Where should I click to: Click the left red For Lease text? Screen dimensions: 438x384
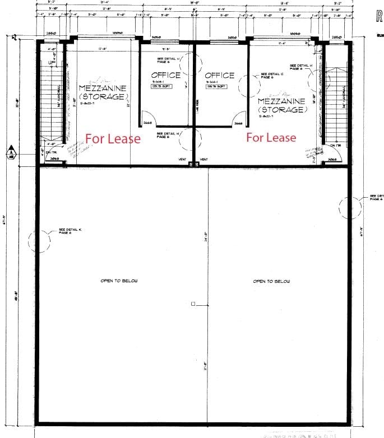coord(113,138)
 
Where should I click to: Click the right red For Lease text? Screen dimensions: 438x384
coord(271,137)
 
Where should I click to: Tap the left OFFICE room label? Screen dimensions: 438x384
coord(166,75)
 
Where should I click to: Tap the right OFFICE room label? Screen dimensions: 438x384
coord(220,75)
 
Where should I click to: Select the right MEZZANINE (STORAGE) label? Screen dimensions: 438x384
coord(281,105)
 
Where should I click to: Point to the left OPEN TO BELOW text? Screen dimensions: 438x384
coord(119,281)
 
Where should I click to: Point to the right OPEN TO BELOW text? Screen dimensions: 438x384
coord(271,281)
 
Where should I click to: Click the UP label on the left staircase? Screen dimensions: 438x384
coord(52,62)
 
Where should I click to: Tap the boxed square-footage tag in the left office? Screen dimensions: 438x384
coord(166,86)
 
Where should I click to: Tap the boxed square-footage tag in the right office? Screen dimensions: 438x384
coord(220,86)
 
